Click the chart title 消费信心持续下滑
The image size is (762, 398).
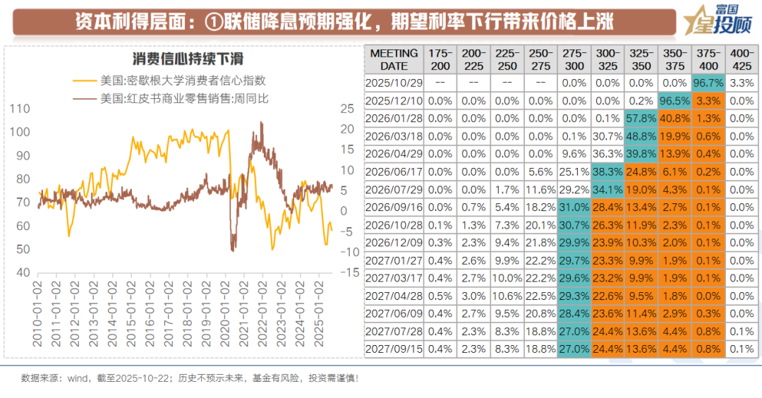(188, 59)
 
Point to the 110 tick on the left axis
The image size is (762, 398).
(22, 109)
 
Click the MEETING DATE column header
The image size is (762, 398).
(394, 59)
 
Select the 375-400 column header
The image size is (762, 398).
(708, 59)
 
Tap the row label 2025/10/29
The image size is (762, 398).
(394, 83)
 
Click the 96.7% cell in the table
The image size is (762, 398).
(708, 83)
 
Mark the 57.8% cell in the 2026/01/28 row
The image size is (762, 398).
(641, 119)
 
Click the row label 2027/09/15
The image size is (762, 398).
(394, 349)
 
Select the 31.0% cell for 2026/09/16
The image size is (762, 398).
(574, 207)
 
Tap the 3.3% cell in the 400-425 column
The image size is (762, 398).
(742, 83)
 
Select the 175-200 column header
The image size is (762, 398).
(440, 59)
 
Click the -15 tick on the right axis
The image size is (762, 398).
(346, 273)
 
